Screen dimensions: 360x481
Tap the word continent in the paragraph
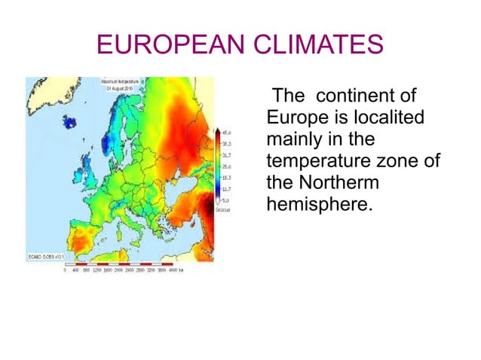(366, 97)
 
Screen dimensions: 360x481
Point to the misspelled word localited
(385, 118)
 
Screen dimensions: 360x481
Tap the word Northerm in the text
(338, 182)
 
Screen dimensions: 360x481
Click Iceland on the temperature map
(73, 121)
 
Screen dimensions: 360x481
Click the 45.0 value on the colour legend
(225, 133)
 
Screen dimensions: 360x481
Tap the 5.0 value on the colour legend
(225, 199)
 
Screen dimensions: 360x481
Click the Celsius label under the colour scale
(225, 209)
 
